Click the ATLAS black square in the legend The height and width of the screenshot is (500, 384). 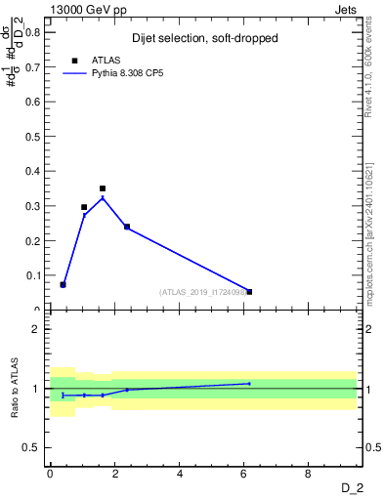pyautogui.click(x=74, y=61)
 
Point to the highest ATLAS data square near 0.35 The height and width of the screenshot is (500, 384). pyautogui.click(x=102, y=188)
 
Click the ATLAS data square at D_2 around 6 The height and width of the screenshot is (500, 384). pyautogui.click(x=249, y=291)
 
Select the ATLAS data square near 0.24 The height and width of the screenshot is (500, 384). pyautogui.click(x=127, y=227)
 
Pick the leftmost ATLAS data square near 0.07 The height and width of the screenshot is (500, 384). pyautogui.click(x=63, y=284)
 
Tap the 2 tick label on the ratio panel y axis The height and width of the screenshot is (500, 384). pyautogui.click(x=37, y=329)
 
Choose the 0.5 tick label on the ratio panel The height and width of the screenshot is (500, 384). pyautogui.click(x=33, y=447)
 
